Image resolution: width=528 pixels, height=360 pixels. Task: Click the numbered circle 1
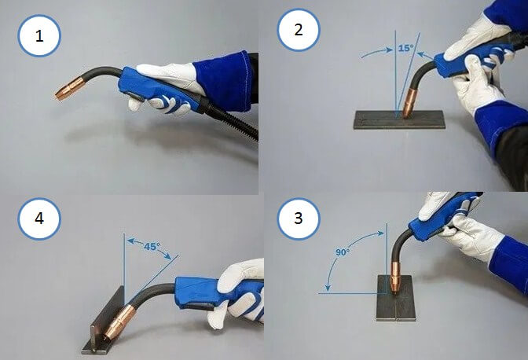pyautogui.click(x=39, y=35)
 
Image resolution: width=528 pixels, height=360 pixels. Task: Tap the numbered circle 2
pyautogui.click(x=299, y=30)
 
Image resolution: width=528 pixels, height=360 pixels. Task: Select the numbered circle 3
pyautogui.click(x=299, y=219)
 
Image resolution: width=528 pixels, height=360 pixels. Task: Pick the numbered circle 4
pyautogui.click(x=39, y=219)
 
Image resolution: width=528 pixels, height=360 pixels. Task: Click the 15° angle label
pyautogui.click(x=405, y=48)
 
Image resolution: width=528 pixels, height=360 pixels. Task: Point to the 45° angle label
pyautogui.click(x=152, y=247)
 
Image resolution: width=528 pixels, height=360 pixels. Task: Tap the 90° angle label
pyautogui.click(x=343, y=252)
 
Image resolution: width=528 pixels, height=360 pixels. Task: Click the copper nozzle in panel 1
pyautogui.click(x=71, y=89)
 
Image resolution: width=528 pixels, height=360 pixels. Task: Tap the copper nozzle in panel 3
pyautogui.click(x=394, y=277)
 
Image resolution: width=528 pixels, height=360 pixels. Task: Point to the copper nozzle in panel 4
pyautogui.click(x=119, y=321)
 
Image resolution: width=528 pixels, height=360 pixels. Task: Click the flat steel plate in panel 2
pyautogui.click(x=399, y=119)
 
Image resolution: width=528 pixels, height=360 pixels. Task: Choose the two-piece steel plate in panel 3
pyautogui.click(x=396, y=298)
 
